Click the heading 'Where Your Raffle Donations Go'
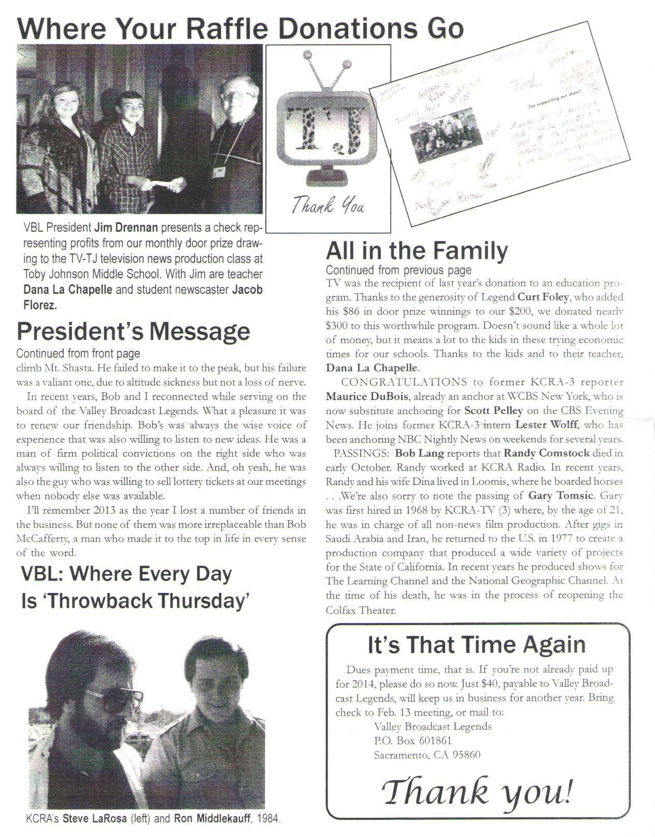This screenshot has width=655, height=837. [240, 28]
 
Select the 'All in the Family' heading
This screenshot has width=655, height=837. [417, 251]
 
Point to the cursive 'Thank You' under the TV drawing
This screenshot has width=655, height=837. [327, 206]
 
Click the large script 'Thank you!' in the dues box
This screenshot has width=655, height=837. [477, 792]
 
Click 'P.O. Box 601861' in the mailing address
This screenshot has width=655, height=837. [412, 741]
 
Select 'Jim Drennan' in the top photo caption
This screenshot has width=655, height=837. [124, 228]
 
